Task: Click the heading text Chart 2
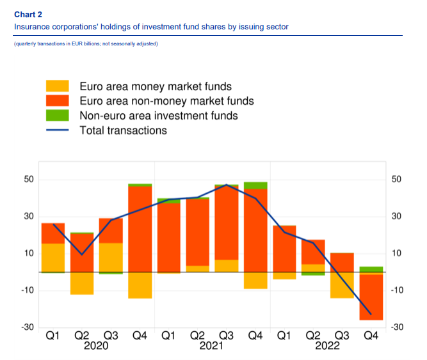[x=28, y=15]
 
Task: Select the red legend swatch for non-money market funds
[x=57, y=101]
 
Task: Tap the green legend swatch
[x=57, y=116]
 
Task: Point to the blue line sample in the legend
[x=57, y=130]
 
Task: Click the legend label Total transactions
[x=123, y=130]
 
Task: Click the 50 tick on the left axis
[x=29, y=179]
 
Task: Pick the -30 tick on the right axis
[x=396, y=328]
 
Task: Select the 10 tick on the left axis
[x=29, y=254]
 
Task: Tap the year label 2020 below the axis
[x=96, y=346]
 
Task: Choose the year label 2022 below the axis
[x=326, y=346]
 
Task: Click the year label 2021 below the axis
[x=211, y=346]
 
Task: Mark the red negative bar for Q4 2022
[x=370, y=297]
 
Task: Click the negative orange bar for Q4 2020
[x=140, y=285]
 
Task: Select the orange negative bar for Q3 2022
[x=341, y=285]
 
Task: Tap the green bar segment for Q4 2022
[x=370, y=269]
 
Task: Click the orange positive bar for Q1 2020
[x=53, y=258]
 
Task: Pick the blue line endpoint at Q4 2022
[x=370, y=313]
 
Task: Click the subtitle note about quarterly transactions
[x=85, y=43]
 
